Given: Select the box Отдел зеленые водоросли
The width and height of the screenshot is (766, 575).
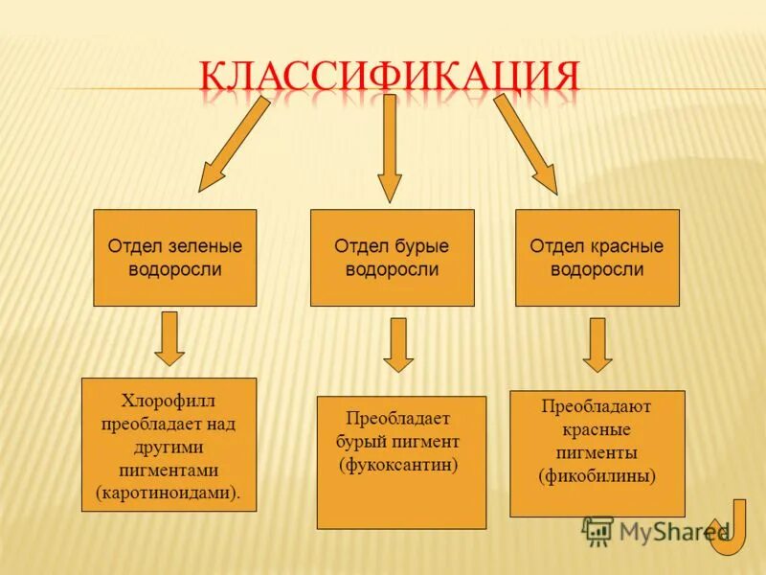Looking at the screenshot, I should pos(174,257).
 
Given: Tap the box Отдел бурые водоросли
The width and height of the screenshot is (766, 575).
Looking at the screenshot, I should pos(392,257).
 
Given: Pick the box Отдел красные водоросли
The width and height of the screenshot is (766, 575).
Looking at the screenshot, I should pos(597,257).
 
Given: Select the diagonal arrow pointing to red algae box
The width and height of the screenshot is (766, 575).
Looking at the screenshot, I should pos(527,144).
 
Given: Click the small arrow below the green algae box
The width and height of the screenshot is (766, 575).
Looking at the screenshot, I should pos(169,338).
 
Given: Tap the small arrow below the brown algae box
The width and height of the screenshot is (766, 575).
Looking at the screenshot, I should pos(398,345).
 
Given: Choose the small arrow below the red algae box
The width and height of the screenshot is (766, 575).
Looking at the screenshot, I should pos(597,344).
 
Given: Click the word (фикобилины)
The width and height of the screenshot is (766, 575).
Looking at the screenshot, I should pos(597,475).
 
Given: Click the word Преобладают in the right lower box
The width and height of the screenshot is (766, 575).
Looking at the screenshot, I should pos(597,405).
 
